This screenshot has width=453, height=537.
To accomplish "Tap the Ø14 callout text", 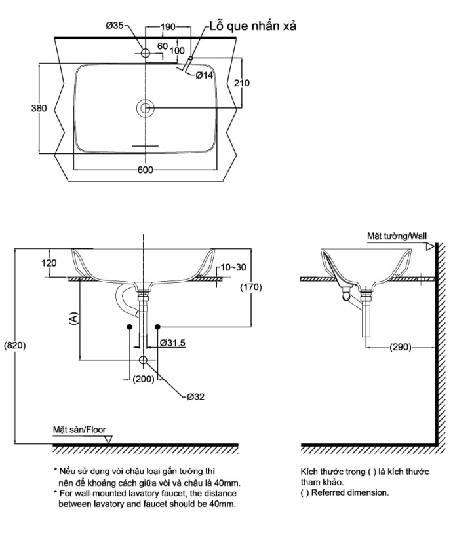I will [x=205, y=75].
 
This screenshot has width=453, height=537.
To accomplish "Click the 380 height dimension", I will [x=39, y=109].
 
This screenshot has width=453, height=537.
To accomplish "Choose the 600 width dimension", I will [x=145, y=170].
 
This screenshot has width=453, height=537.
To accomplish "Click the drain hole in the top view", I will [x=145, y=108].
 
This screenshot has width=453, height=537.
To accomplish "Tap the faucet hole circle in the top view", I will [x=145, y=50].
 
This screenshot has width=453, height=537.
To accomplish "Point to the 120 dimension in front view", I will [x=49, y=263].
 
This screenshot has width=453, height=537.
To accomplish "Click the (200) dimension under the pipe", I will [x=142, y=379].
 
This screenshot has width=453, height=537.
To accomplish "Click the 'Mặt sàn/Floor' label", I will [x=79, y=430].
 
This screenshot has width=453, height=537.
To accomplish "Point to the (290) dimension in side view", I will [x=400, y=347].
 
